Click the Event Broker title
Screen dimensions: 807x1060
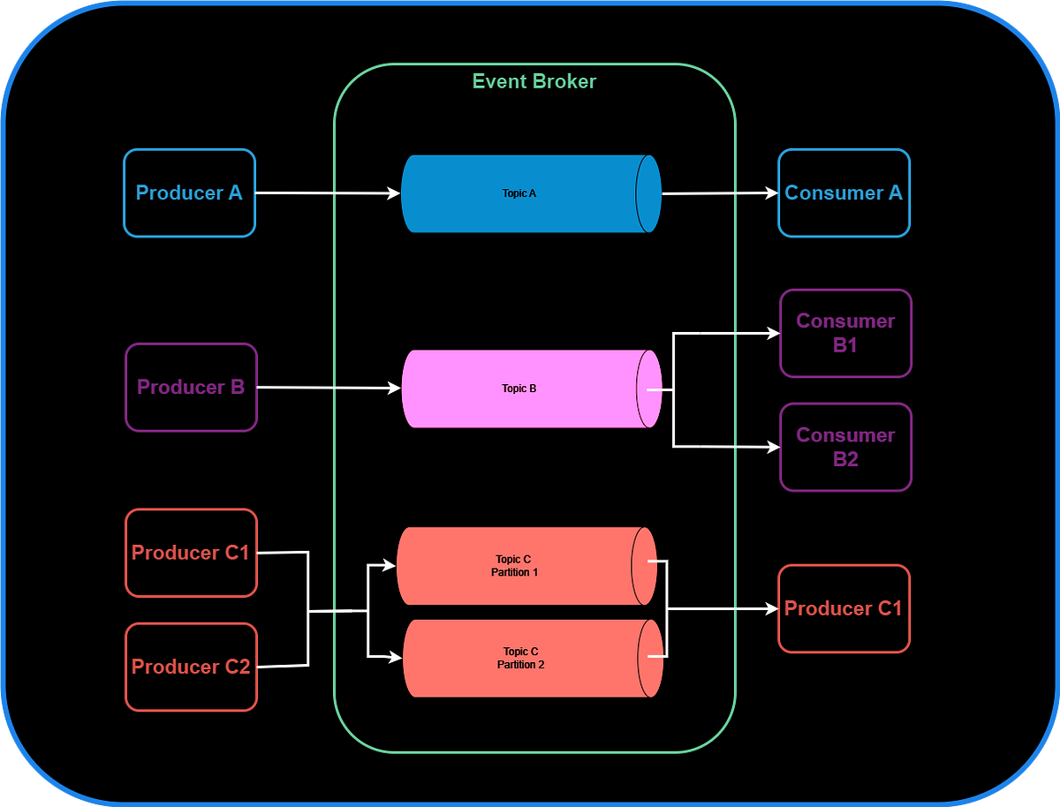[x=534, y=82]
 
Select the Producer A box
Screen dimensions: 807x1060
[x=189, y=192]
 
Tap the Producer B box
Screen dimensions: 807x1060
[x=191, y=387]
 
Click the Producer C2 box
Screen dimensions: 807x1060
[x=191, y=667]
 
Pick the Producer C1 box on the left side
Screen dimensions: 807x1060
[x=191, y=553]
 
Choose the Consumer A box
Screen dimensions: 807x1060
[x=844, y=192]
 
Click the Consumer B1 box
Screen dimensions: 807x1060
[x=845, y=333]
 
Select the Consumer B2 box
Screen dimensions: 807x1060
[x=845, y=447]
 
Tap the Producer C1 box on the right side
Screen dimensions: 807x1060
[x=844, y=608]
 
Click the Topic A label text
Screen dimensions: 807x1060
[x=519, y=193]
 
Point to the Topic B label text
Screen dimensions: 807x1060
[x=519, y=388]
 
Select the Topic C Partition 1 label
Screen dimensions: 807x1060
[x=515, y=566]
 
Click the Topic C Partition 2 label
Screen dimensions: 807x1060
[x=521, y=658]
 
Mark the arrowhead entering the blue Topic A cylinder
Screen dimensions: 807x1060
[x=394, y=192]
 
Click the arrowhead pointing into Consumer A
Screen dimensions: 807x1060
[x=771, y=192]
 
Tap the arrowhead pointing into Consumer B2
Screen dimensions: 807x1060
[x=773, y=448]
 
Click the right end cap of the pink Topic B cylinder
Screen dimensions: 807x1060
[x=649, y=388]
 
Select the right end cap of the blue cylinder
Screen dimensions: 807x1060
[x=649, y=193]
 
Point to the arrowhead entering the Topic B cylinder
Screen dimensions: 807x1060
[x=395, y=388]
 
